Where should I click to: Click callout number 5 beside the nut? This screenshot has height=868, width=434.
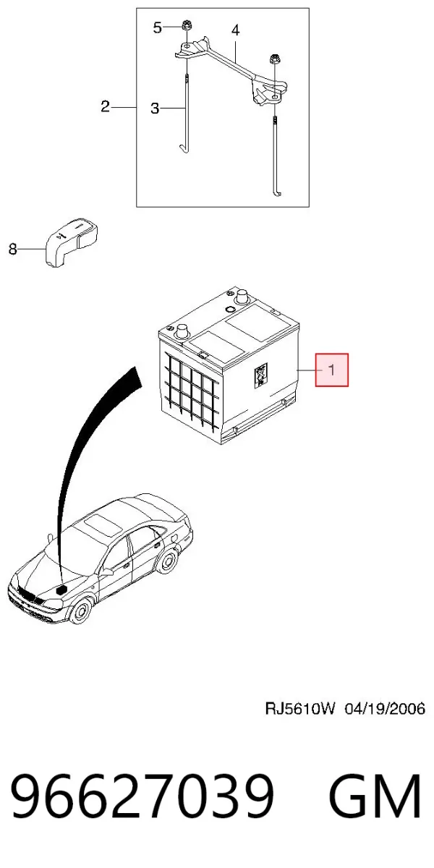(x=157, y=28)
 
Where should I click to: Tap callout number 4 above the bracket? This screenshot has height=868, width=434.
(x=236, y=30)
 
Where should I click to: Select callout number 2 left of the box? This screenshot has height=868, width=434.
(x=105, y=106)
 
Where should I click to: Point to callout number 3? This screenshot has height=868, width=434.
(x=155, y=108)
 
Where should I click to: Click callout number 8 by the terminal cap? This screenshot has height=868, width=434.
(x=13, y=249)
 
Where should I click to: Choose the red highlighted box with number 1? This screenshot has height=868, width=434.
(x=332, y=370)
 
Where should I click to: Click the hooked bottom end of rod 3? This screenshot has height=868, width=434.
(x=183, y=149)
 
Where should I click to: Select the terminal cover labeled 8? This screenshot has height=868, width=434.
(x=72, y=242)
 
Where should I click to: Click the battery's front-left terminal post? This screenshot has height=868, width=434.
(x=182, y=333)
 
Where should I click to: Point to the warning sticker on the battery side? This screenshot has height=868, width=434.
(x=260, y=375)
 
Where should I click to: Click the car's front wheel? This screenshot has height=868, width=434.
(x=81, y=611)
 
